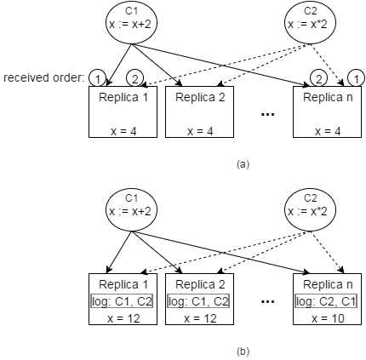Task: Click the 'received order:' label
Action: point(44,77)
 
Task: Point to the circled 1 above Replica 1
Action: point(97,78)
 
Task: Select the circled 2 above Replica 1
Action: point(134,78)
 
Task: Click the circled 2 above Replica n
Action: point(318,78)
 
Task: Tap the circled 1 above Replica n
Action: point(356,78)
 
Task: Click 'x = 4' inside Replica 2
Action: point(200,131)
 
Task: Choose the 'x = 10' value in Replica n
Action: point(328,318)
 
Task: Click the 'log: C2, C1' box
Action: point(326,301)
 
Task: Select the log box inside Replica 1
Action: point(122,301)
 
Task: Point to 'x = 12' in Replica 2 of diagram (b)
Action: point(200,318)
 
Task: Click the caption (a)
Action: point(243,164)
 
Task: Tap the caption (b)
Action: point(243,351)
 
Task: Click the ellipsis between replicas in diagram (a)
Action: point(267,114)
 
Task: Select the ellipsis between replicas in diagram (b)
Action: point(267,301)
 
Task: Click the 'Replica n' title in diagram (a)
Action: point(328,97)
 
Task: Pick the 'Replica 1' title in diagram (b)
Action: point(123,284)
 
